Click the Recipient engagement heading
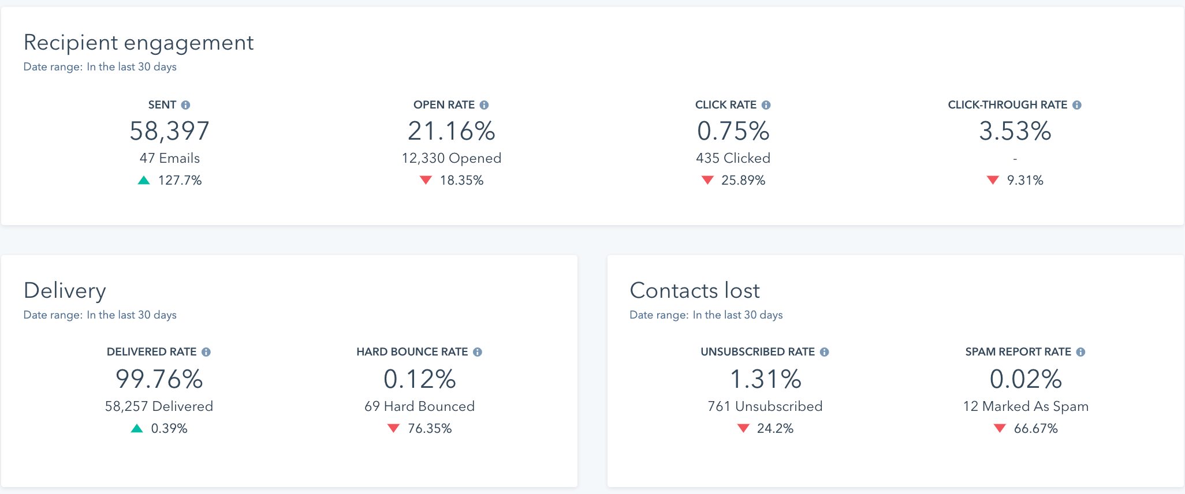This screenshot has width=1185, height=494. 139,43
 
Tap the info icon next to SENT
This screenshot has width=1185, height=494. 185,105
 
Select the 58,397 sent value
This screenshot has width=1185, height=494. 169,131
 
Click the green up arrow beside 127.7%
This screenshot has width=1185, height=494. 144,181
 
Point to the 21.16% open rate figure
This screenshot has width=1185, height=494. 451,131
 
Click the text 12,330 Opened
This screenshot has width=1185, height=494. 451,158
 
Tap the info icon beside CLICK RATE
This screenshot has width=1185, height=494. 766,105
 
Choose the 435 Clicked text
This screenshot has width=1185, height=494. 733,158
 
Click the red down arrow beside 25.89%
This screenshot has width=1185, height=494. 707,180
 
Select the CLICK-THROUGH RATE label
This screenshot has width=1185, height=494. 1007,105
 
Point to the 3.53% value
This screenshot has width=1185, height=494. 1015,131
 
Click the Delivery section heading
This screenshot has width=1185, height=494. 65,290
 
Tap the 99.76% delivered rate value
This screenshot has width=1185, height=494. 159,379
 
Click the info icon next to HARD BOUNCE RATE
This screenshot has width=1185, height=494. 478,352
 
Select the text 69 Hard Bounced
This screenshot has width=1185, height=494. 419,406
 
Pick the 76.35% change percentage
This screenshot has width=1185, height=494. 430,428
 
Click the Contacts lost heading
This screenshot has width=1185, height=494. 694,290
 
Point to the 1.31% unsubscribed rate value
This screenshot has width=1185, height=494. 765,379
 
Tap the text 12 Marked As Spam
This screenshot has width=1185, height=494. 1026,406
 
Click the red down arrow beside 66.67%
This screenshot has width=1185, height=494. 1000,428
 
